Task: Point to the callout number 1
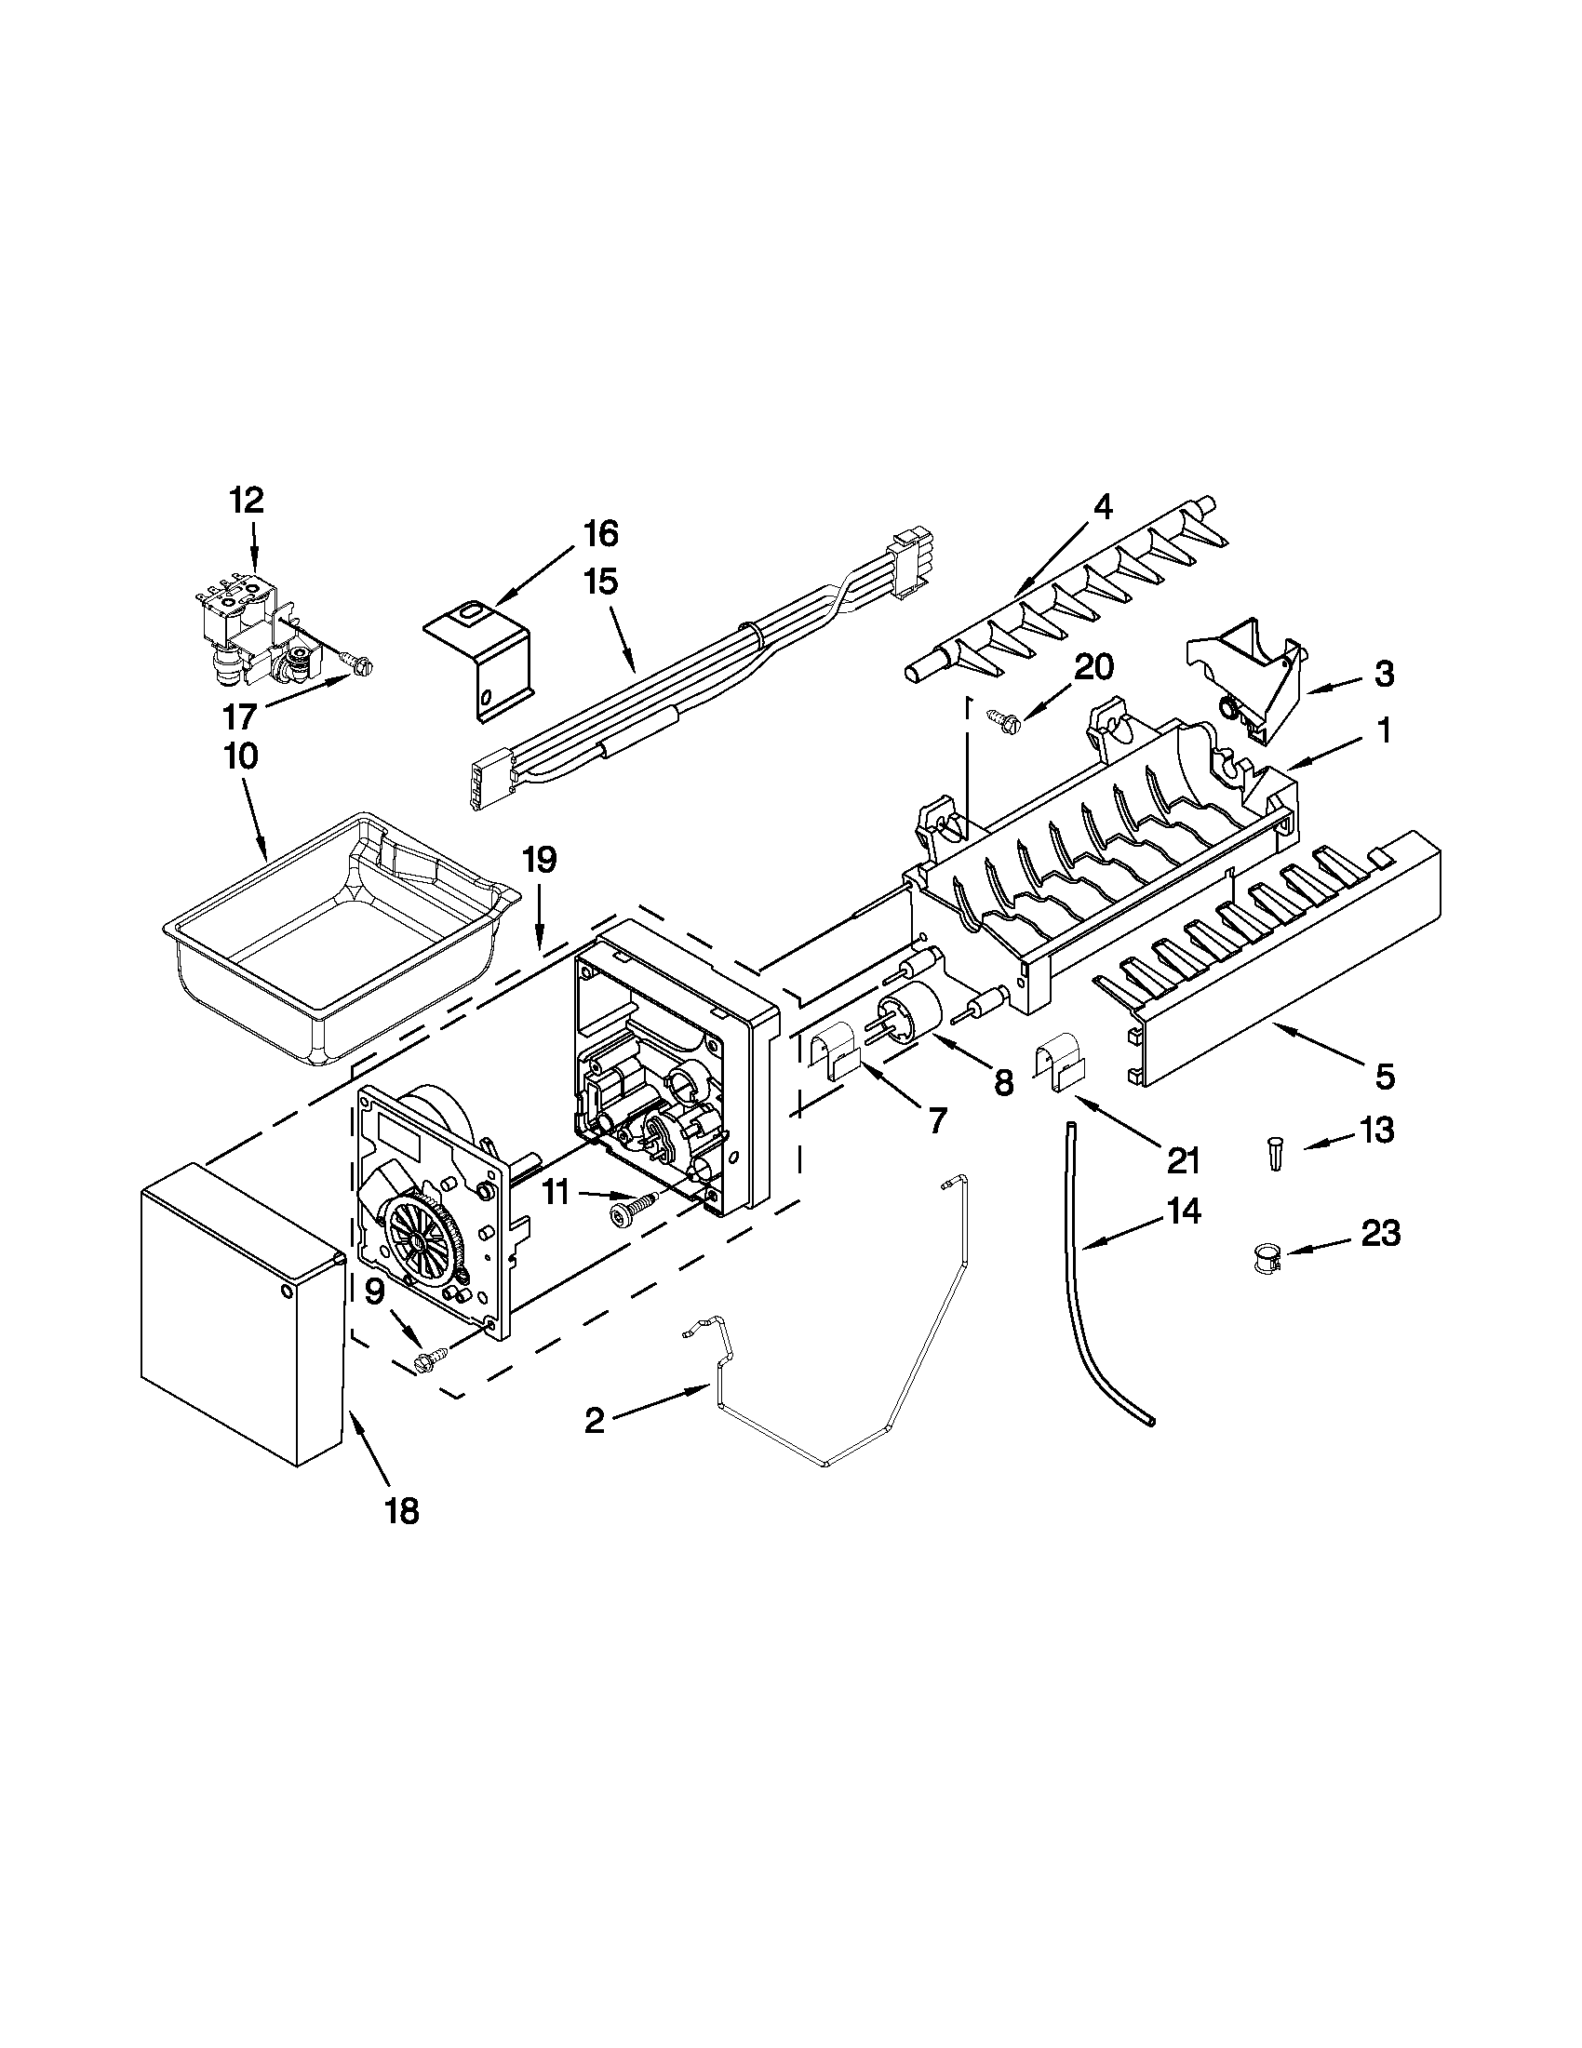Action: pyautogui.click(x=1383, y=730)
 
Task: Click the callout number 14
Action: pyautogui.click(x=1183, y=1211)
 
